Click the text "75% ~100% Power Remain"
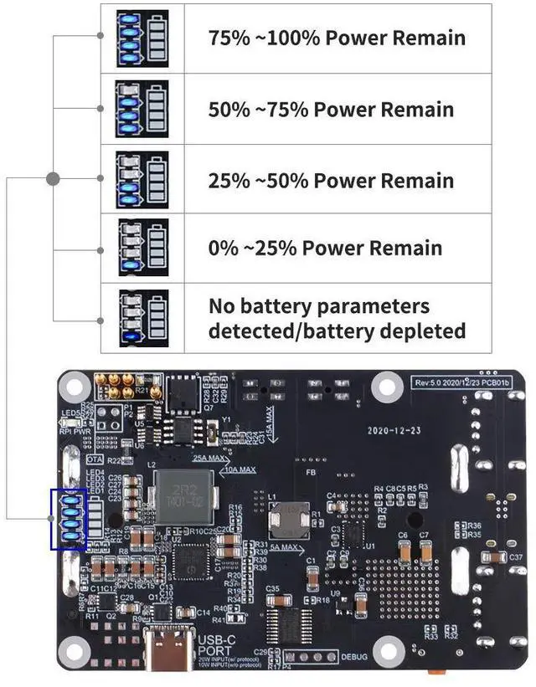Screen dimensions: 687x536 pos(337,38)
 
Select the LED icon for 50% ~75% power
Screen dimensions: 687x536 pos(142,109)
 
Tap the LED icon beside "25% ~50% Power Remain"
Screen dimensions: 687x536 pos(142,179)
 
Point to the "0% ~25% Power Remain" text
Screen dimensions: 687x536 pos(325,248)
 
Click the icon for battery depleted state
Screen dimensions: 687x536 pos(142,318)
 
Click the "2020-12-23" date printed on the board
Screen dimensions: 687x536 pos(394,431)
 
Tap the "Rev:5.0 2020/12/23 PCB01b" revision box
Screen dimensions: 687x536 pos(461,382)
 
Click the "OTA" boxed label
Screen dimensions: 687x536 pos(95,459)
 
